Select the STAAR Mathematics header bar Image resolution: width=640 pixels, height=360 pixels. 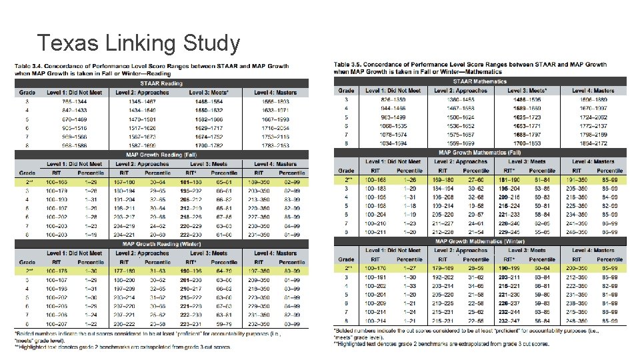pos(480,81)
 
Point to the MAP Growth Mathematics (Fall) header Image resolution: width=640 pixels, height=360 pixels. pos(480,152)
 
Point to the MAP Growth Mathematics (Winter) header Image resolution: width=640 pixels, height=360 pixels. pos(480,241)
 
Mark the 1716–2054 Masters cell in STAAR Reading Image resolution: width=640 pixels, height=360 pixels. pos(275,127)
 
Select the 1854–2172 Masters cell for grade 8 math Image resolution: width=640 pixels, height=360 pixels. pos(593,143)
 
